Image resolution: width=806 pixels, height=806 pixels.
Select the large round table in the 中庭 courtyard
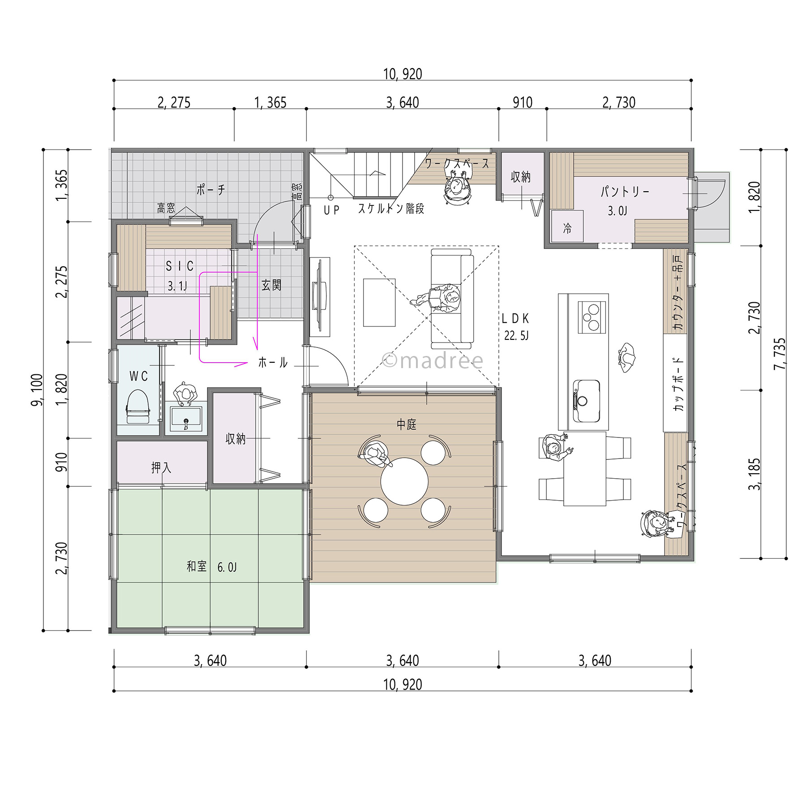pyautogui.click(x=404, y=481)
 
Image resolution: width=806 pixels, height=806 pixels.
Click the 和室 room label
pyautogui.click(x=197, y=566)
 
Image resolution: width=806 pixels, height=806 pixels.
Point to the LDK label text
pyautogui.click(x=515, y=318)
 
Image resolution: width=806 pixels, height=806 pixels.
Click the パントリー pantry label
pyautogui.click(x=625, y=192)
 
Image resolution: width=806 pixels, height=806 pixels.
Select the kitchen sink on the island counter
pyautogui.click(x=586, y=401)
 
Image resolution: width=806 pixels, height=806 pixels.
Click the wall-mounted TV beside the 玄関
pyautogui.click(x=320, y=297)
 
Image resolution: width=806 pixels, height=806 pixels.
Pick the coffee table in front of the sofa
pyautogui.click(x=379, y=303)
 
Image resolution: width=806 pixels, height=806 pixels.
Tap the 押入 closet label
pyautogui.click(x=161, y=468)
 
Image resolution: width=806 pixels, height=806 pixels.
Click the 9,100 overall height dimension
pyautogui.click(x=37, y=390)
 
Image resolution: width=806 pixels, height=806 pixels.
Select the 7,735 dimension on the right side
pyautogui.click(x=780, y=354)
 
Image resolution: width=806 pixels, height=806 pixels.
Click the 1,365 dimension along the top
pyautogui.click(x=270, y=103)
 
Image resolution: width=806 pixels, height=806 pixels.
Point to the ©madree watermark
pyautogui.click(x=433, y=360)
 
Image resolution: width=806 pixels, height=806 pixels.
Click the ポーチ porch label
pyautogui.click(x=210, y=190)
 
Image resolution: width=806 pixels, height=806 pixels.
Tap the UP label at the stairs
pyautogui.click(x=332, y=210)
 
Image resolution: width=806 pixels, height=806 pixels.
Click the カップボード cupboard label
pyautogui.click(x=678, y=384)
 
